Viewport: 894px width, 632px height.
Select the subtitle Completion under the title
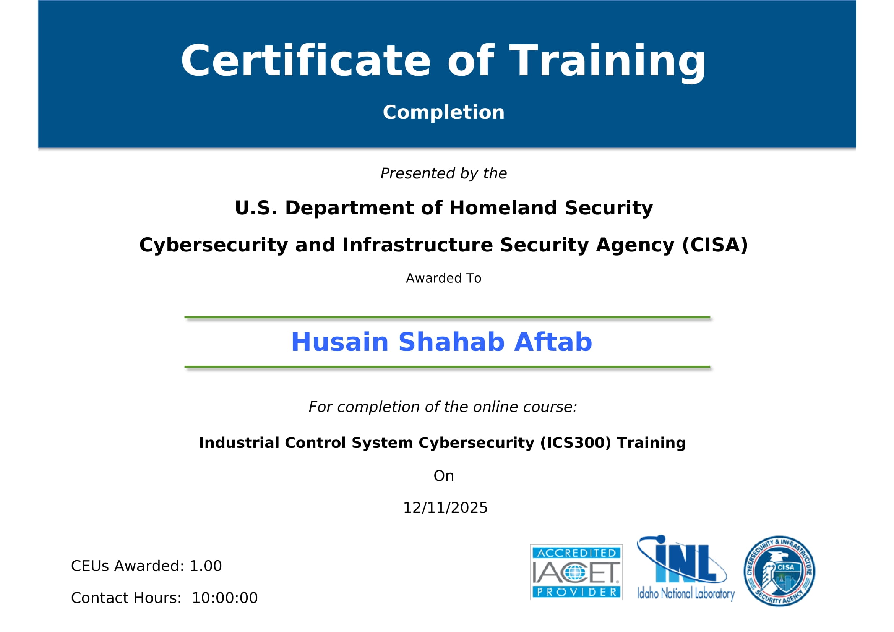(x=443, y=112)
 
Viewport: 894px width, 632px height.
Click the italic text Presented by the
(x=443, y=173)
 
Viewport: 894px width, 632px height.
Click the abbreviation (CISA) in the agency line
(x=715, y=245)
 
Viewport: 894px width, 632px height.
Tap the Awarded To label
(x=443, y=278)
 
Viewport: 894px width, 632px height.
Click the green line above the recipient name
(x=447, y=317)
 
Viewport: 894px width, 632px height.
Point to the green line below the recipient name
(x=447, y=366)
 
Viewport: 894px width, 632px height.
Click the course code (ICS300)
(x=576, y=443)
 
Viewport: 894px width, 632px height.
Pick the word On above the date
(x=443, y=476)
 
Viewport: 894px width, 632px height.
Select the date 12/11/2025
(x=445, y=508)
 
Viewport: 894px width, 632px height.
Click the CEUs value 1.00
(x=206, y=566)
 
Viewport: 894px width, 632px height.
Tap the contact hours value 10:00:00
(x=225, y=598)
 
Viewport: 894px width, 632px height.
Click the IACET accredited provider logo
(x=576, y=572)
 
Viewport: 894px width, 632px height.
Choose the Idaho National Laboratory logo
(x=685, y=568)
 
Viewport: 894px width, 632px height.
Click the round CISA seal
(x=779, y=571)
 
